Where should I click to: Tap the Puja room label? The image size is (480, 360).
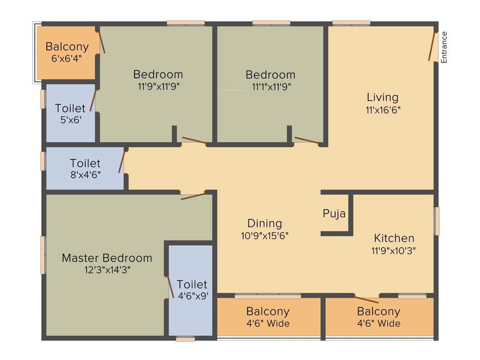tap(334, 214)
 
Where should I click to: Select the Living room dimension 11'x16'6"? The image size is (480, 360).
tap(382, 110)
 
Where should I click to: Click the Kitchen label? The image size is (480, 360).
tap(394, 238)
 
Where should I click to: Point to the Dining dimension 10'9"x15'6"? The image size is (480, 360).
tap(264, 236)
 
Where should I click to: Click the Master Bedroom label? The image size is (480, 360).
tap(107, 258)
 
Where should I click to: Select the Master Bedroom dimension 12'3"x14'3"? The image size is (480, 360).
tap(107, 270)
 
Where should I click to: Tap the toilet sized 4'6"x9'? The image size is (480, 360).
tap(192, 290)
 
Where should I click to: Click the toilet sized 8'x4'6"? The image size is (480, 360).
tap(85, 168)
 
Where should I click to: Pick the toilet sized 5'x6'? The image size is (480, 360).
tap(70, 113)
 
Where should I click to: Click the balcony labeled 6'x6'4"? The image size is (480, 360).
tap(67, 52)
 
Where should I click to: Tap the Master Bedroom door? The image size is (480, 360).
tap(193, 196)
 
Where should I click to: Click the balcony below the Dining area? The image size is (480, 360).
tap(268, 317)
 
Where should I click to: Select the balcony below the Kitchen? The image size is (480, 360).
tap(379, 317)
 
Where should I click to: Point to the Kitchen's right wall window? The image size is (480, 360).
tap(437, 221)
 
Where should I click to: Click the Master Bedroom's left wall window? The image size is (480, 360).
tap(43, 255)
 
